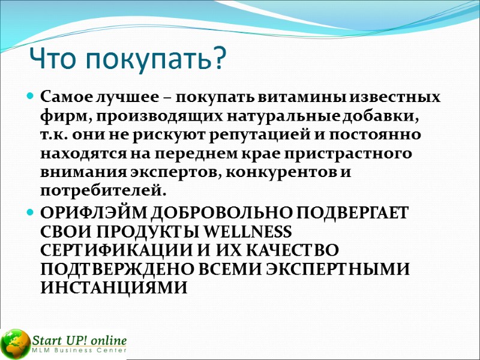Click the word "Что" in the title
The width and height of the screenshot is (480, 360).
click(54, 58)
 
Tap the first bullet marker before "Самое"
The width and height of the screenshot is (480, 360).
click(30, 96)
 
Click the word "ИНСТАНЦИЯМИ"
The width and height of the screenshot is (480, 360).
click(113, 287)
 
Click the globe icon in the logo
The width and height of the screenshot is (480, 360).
click(15, 344)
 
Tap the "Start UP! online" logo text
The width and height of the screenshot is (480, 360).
click(80, 339)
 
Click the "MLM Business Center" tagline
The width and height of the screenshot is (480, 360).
click(79, 350)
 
